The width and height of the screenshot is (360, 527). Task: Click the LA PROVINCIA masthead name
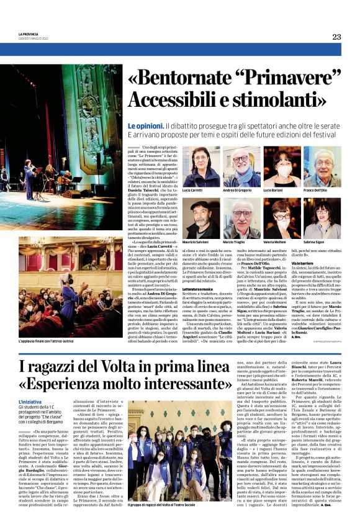pos(29,34)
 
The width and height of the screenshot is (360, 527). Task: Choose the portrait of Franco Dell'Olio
pos(320,166)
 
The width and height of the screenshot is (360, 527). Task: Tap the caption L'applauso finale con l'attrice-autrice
pos(44,341)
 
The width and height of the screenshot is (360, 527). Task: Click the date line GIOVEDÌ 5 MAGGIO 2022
pos(34,38)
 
